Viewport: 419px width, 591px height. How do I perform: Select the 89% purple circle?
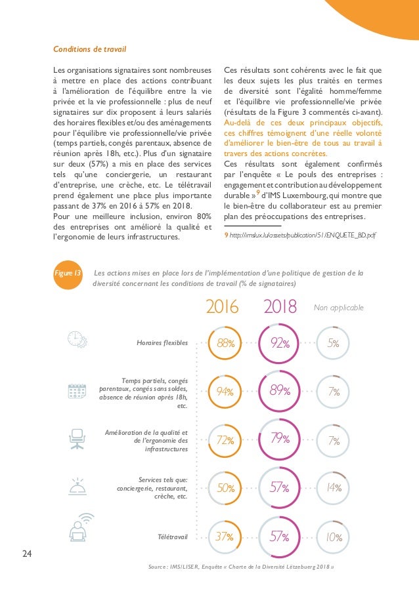(x=280, y=392)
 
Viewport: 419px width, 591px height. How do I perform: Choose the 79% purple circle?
(x=280, y=438)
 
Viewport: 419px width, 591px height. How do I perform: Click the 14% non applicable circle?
(x=334, y=488)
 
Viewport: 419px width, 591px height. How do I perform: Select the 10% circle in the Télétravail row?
(x=334, y=537)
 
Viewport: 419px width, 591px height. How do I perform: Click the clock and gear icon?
(x=77, y=338)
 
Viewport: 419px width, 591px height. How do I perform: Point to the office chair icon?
(x=77, y=437)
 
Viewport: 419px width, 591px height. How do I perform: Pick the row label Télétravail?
(x=171, y=537)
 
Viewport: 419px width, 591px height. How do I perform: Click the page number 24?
(x=27, y=554)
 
